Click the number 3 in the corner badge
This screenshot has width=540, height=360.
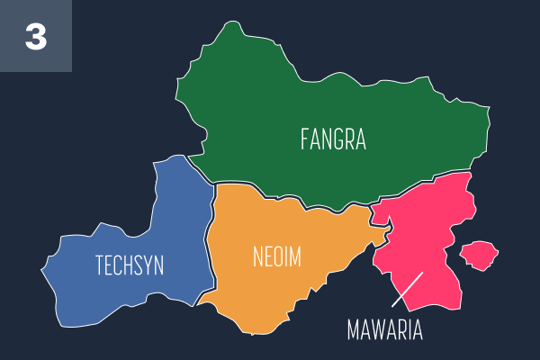tap(35, 37)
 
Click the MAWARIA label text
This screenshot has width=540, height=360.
tap(384, 329)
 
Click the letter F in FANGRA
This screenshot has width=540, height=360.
tap(305, 139)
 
